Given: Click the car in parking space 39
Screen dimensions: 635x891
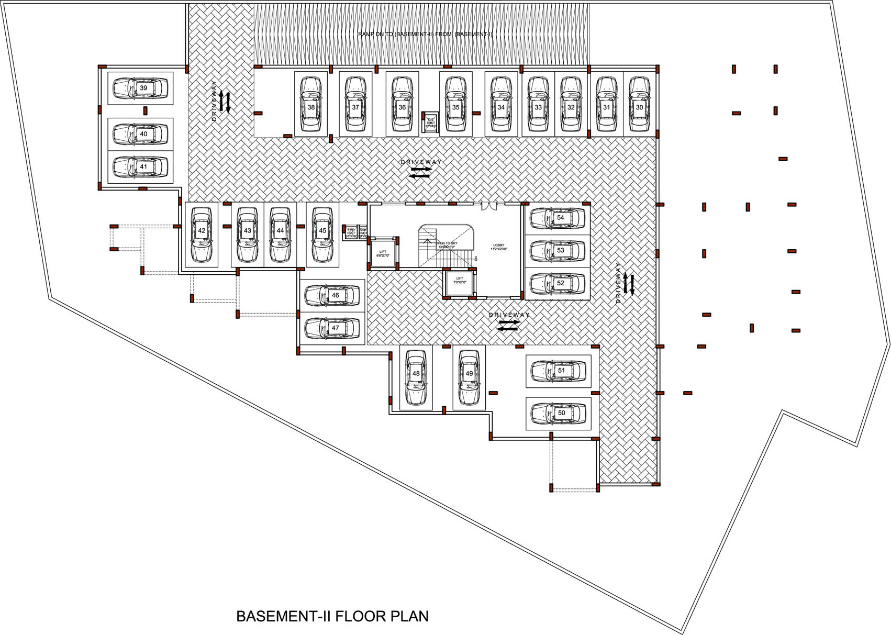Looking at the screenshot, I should [x=140, y=88].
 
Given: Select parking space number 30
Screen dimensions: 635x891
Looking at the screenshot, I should [x=639, y=104].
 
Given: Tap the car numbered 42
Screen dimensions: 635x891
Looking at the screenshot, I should [x=202, y=235].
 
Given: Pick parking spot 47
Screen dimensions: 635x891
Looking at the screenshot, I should [x=332, y=328].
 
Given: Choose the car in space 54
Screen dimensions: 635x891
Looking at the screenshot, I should [x=558, y=218].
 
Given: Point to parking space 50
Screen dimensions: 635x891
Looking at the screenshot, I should [x=558, y=413].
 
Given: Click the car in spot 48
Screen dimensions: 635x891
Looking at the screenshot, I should [x=416, y=378].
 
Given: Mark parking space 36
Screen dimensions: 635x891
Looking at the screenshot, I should [x=402, y=104].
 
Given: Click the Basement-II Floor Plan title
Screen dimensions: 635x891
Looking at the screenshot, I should [x=332, y=616].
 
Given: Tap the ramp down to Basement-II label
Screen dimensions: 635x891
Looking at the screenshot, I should [x=425, y=35].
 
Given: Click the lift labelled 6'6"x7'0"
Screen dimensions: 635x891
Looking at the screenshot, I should [x=383, y=253].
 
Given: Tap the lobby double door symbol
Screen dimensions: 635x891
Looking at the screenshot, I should [x=488, y=206].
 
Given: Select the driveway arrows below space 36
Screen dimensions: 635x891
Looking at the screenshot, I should [x=420, y=172].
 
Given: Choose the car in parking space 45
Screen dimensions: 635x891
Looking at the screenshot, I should [x=322, y=235].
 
